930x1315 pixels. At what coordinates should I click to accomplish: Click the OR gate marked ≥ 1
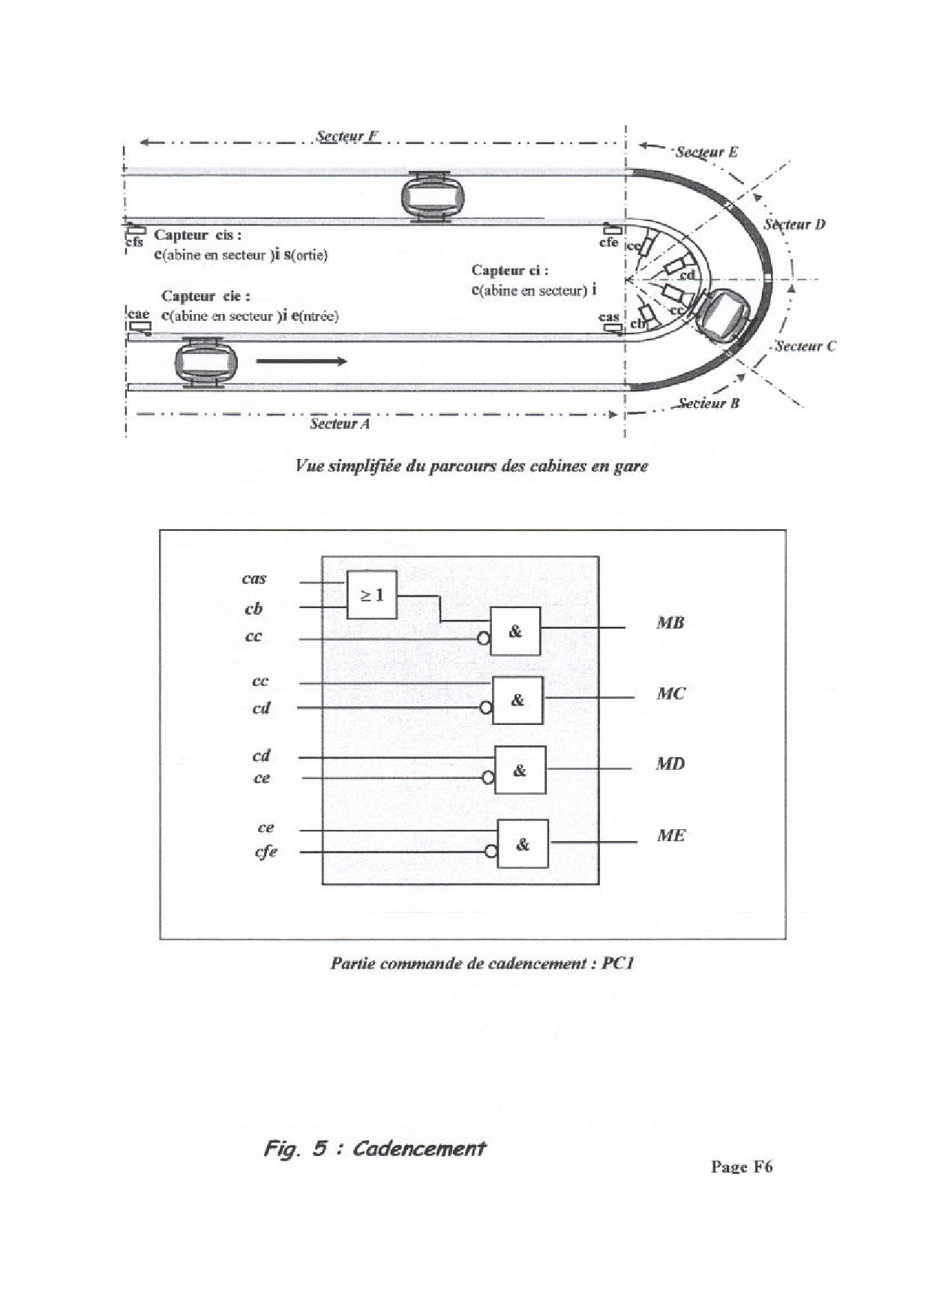point(371,595)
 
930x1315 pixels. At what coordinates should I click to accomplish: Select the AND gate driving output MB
point(515,631)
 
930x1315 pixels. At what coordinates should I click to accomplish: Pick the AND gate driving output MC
point(517,700)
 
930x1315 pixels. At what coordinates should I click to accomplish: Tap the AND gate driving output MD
point(520,770)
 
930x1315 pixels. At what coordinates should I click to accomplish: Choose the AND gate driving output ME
point(523,843)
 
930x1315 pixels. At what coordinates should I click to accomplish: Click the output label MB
point(670,622)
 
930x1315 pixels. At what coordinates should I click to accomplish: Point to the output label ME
point(670,835)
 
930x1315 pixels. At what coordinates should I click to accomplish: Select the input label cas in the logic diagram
point(254,578)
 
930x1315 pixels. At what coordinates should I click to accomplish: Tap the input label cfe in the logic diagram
point(266,852)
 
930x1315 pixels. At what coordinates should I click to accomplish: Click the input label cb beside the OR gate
point(253,609)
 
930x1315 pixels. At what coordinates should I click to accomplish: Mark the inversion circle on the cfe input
point(491,852)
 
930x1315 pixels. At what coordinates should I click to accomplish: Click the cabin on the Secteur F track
point(432,196)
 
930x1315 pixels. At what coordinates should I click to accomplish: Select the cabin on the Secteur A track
point(206,362)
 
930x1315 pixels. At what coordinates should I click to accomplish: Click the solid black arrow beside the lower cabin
point(301,361)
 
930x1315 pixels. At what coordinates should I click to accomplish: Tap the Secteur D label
point(794,224)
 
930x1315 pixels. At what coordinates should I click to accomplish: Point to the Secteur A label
point(340,424)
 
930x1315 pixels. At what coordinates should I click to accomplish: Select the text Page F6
point(741,1167)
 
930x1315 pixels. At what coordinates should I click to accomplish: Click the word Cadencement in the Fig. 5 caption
point(418,1148)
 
